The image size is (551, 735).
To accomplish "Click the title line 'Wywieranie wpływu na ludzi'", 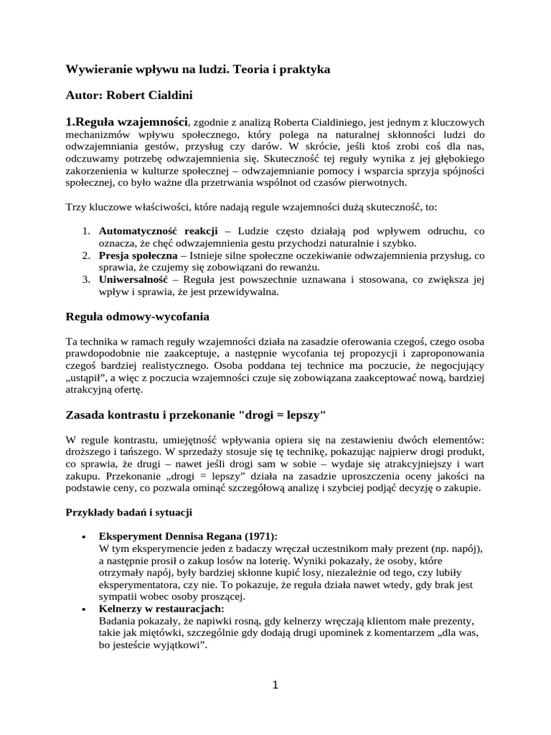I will (197, 70).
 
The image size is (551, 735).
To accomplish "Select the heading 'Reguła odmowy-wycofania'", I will (137, 317).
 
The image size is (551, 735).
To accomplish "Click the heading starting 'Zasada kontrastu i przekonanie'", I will (197, 416).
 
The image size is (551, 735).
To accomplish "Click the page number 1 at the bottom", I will (275, 684).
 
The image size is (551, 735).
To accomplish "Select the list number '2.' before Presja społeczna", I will (84, 255).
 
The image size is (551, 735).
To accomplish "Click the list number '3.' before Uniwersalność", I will (84, 279).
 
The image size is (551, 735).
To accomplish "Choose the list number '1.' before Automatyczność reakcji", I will (84, 230).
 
